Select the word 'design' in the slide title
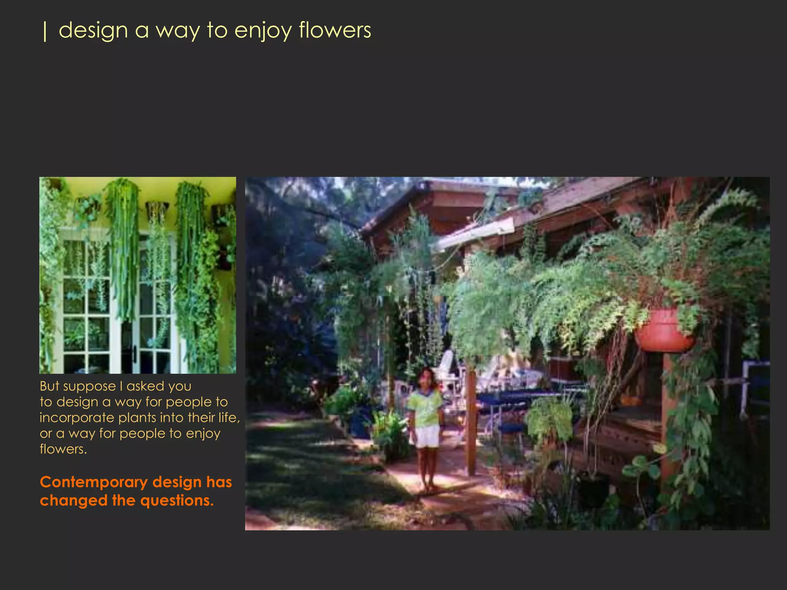[93, 31]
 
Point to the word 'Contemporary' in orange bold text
[94, 482]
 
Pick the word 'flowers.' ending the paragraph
[63, 449]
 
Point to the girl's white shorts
[427, 436]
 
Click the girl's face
[426, 378]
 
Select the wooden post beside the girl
[470, 423]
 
